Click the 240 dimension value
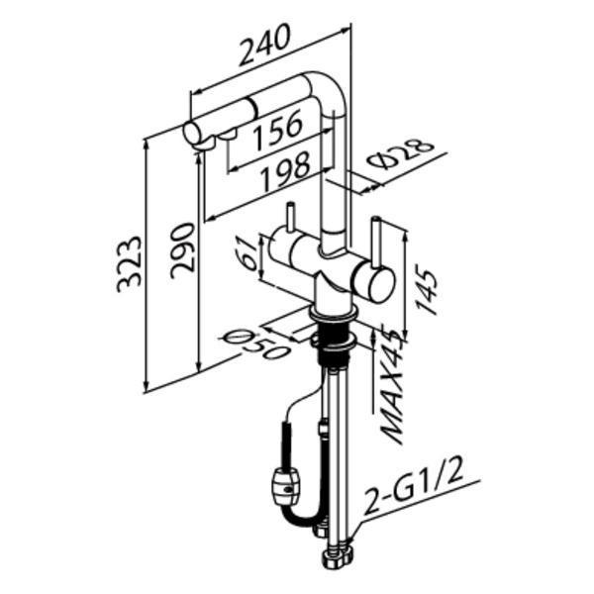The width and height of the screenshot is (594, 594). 265,45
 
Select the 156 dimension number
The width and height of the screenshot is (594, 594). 278,129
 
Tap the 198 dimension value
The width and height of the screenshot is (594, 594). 286,171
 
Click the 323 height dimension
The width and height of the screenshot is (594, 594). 129,264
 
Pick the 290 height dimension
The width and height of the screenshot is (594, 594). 182,250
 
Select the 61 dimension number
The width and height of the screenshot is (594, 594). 248,253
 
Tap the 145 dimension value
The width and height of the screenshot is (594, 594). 427,289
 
